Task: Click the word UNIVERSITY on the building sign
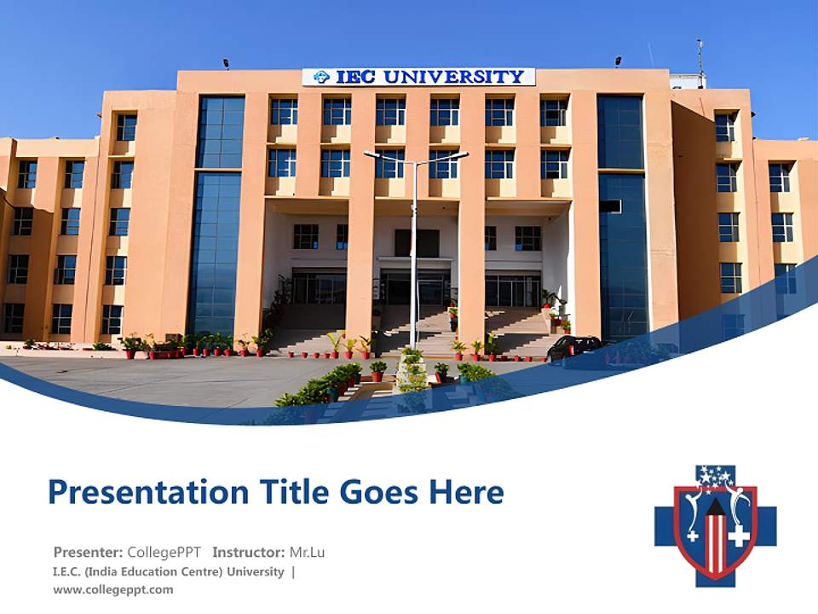coord(453,77)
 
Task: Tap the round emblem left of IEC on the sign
coord(321,77)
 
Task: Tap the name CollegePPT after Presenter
coord(164,552)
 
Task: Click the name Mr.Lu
coord(307,552)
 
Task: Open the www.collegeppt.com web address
coord(113,589)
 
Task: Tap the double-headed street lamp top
coord(416,156)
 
